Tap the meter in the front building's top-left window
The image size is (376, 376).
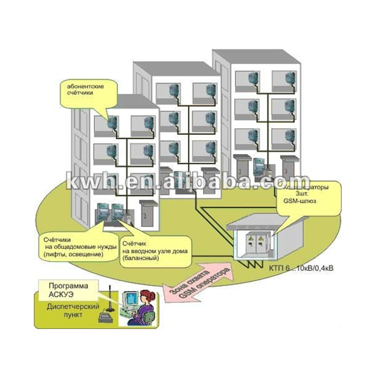pos(113,124)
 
